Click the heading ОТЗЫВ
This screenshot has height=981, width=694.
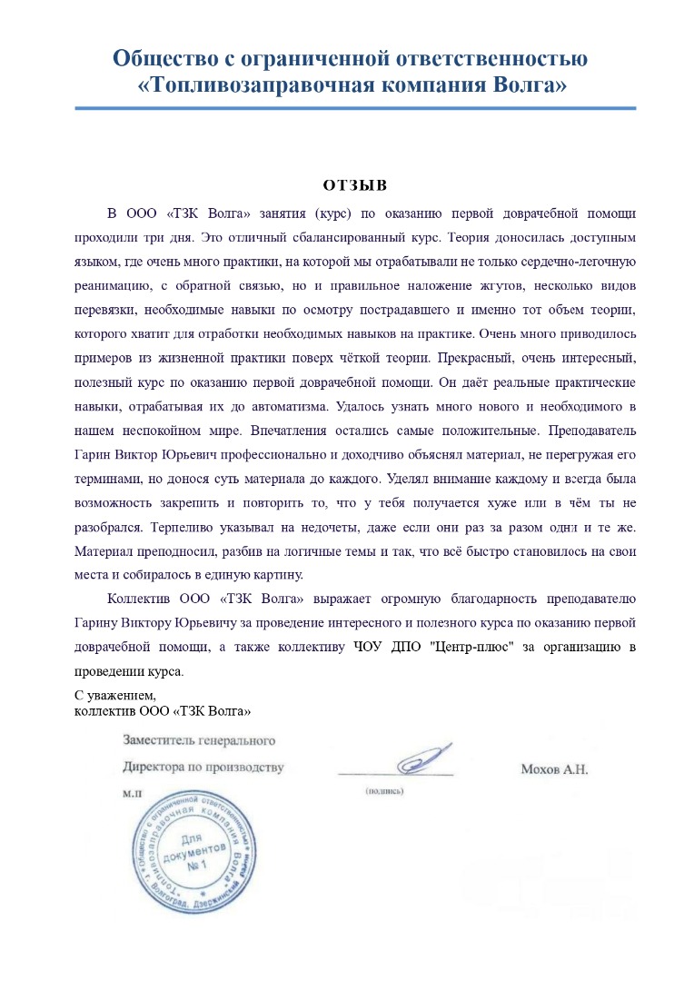pos(354,185)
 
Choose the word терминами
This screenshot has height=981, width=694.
pos(104,478)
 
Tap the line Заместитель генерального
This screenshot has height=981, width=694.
pos(198,742)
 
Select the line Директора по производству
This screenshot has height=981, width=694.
pos(203,767)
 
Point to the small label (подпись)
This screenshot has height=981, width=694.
pos(384,791)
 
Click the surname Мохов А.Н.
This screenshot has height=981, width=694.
pos(554,768)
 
